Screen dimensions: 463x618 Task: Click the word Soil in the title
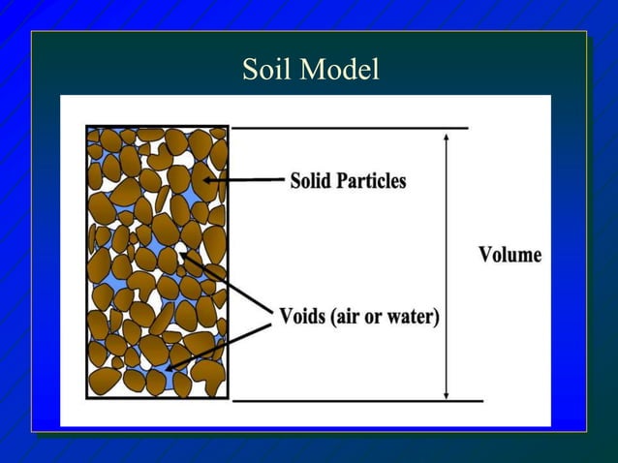tap(266, 71)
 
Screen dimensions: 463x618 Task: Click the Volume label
tap(510, 256)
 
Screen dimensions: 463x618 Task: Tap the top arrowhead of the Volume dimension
tap(446, 135)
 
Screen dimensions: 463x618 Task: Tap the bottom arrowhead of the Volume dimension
tap(446, 393)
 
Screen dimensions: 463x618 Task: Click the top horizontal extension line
tap(349, 127)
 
